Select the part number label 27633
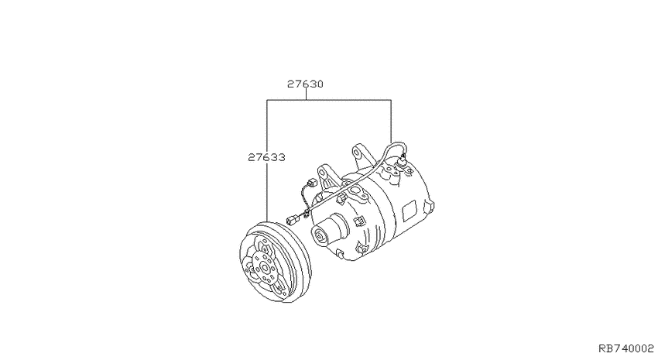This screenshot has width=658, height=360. pyautogui.click(x=267, y=156)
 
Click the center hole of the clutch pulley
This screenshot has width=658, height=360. pyautogui.click(x=265, y=268)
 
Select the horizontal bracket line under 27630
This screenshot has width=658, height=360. pyautogui.click(x=328, y=101)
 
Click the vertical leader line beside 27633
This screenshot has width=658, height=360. pyautogui.click(x=267, y=194)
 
